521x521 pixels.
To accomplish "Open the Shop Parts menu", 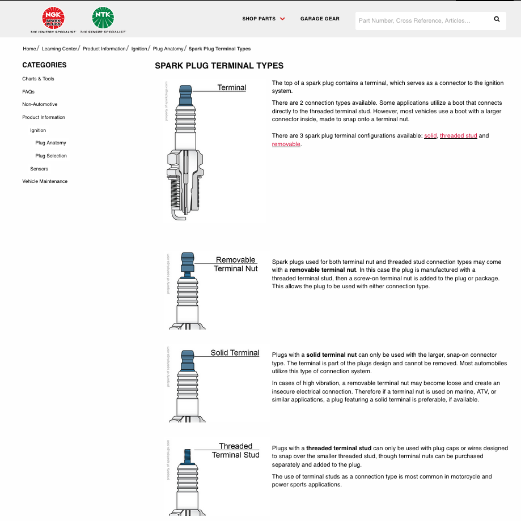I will point(264,19).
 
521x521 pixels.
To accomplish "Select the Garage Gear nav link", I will point(320,19).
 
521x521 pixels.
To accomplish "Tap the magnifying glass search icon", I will point(497,19).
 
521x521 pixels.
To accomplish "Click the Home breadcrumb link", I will point(29,49).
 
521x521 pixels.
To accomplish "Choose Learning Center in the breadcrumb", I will point(59,49).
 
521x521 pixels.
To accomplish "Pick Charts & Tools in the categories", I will point(39,79).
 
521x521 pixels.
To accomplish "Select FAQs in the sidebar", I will point(28,92).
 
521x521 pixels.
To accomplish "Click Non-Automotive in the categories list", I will point(40,104).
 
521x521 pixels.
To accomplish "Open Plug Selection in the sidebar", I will point(51,156).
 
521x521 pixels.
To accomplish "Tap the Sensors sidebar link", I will point(39,169).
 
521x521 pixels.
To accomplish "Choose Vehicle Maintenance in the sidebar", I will point(45,181).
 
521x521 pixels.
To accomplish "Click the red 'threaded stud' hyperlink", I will point(459,136).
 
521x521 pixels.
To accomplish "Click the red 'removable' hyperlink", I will point(286,144).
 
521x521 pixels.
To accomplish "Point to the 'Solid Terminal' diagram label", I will point(235,353).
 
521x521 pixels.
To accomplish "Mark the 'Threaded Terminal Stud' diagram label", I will point(235,451).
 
